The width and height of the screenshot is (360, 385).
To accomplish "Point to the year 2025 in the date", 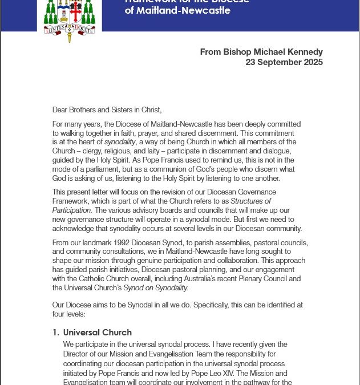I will point(311,62).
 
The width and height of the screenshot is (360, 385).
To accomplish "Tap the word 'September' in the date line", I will point(278,62).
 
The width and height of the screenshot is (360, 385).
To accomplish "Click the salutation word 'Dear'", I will point(61,110).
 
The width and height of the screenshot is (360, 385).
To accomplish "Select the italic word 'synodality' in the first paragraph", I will point(123,141).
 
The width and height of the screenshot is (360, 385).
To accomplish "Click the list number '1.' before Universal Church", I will point(56,333).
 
